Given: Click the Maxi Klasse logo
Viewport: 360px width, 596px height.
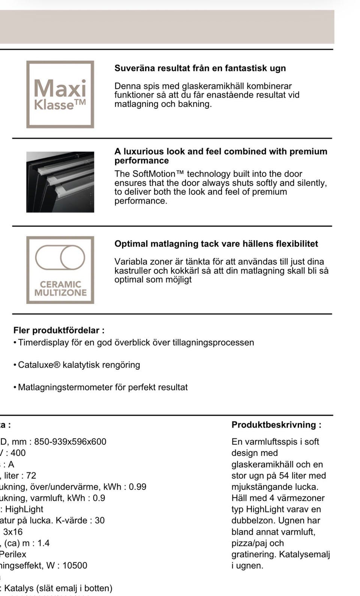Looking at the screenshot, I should pos(60,94).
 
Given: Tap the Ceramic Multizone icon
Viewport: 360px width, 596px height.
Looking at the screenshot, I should pos(60,270).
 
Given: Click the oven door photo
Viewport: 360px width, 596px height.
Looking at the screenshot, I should pos(60,182).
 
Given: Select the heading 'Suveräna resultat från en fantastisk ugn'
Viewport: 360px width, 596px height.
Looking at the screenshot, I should pos(200,68).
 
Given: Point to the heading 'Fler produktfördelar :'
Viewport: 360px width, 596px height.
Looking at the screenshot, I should pos(59,330).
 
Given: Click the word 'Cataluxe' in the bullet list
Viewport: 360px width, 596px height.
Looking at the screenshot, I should pos(36,365).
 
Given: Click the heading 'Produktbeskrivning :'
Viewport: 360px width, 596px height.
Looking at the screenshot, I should pos(276,425).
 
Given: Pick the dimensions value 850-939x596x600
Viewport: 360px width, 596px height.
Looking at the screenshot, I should pos(70,442).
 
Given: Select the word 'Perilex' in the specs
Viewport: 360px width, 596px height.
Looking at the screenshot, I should pos(13,554).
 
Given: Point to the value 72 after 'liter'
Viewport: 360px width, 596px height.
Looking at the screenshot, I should pos(31,476).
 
